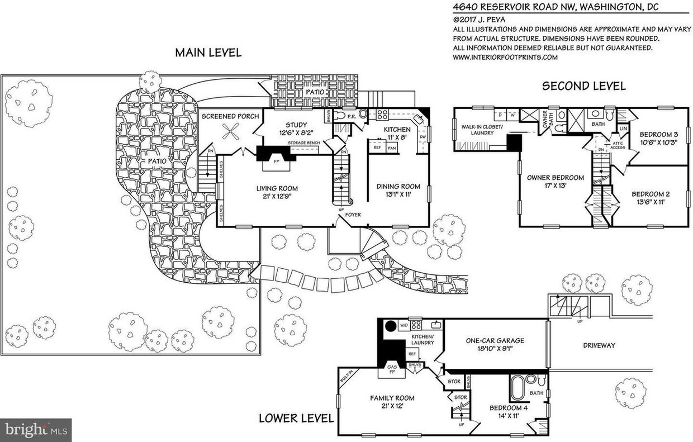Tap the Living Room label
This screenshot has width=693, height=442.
click(277, 188)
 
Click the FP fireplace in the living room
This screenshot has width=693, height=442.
click(276, 162)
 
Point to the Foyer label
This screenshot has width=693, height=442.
click(353, 215)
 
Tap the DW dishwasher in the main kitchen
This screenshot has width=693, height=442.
click(423, 136)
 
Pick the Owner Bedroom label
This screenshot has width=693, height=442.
click(555, 178)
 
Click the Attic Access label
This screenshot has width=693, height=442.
click(618, 145)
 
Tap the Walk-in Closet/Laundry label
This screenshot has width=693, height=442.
click(482, 130)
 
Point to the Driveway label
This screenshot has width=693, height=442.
click(599, 345)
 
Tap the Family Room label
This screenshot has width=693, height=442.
click(392, 398)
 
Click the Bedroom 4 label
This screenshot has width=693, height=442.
click(509, 407)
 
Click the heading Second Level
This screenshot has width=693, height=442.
click(583, 86)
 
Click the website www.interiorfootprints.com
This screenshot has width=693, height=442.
click(505, 57)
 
